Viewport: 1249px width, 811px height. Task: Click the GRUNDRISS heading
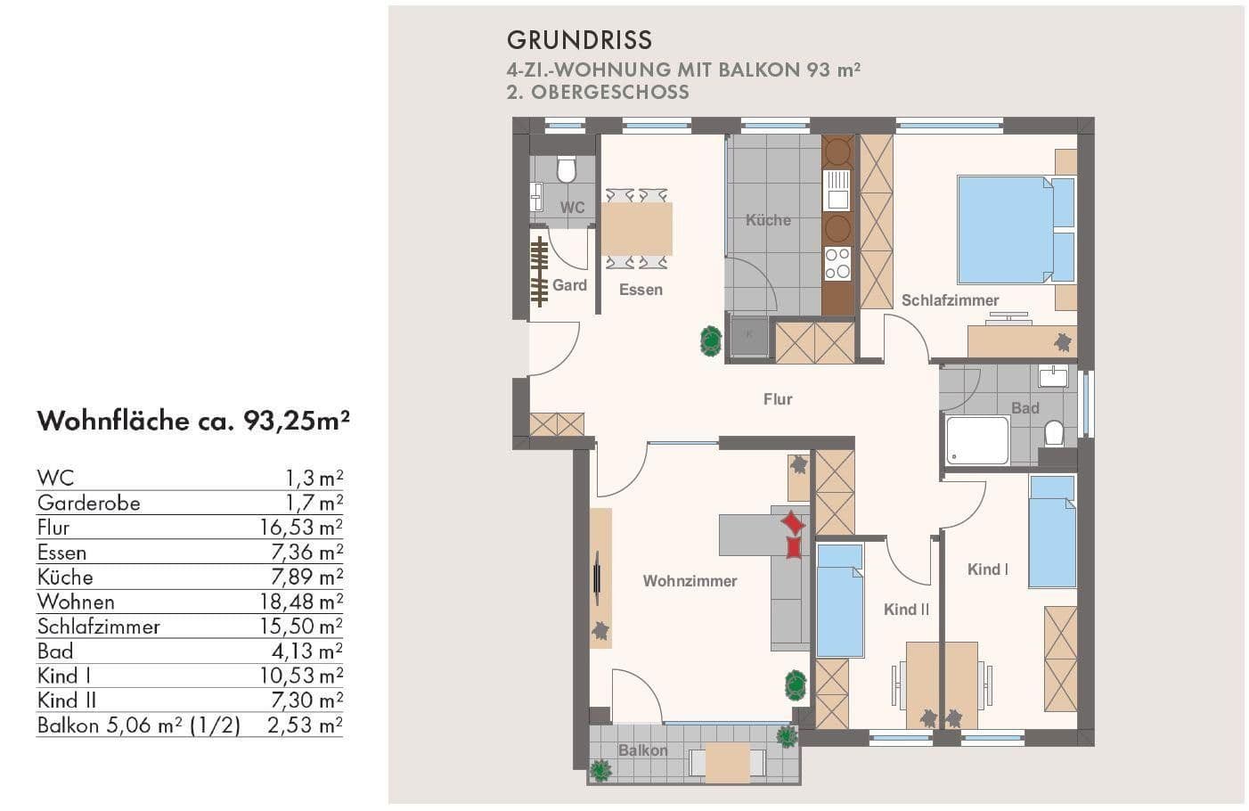(579, 40)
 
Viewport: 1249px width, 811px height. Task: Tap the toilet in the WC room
(566, 168)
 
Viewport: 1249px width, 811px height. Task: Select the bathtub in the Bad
(977, 440)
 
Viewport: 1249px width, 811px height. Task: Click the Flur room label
(777, 399)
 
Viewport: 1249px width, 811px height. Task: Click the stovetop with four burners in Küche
(837, 263)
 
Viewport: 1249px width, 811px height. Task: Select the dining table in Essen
(636, 229)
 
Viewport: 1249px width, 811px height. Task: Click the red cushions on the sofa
(792, 535)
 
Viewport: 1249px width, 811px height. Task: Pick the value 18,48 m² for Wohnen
(301, 602)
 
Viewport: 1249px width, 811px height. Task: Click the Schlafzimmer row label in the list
(98, 627)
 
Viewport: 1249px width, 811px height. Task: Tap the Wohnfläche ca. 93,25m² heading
(192, 421)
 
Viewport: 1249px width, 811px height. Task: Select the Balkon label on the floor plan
(642, 750)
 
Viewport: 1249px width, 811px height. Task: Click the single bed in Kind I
(1052, 531)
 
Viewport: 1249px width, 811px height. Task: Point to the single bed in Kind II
(840, 600)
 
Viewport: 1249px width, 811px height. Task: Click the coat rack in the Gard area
(538, 272)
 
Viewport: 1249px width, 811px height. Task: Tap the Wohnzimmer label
(690, 581)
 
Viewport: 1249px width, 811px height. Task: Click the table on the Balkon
(727, 762)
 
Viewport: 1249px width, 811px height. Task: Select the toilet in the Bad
(1054, 433)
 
